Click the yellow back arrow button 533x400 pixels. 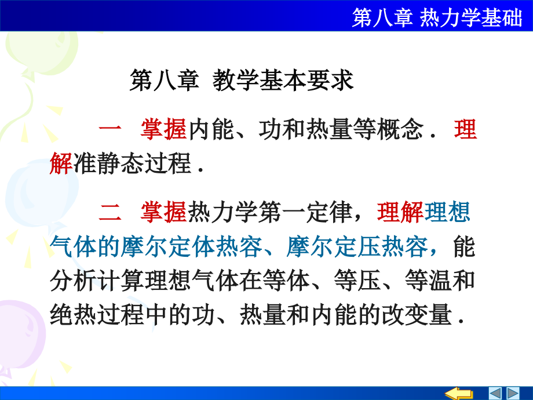pos(462,392)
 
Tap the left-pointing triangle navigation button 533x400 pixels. pos(496,392)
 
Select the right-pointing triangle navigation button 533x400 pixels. pos(514,392)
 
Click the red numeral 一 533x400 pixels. pos(108,130)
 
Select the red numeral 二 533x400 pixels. pos(108,213)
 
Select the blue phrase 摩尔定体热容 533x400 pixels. pos(195,246)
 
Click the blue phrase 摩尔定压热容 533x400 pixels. pos(357,246)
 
